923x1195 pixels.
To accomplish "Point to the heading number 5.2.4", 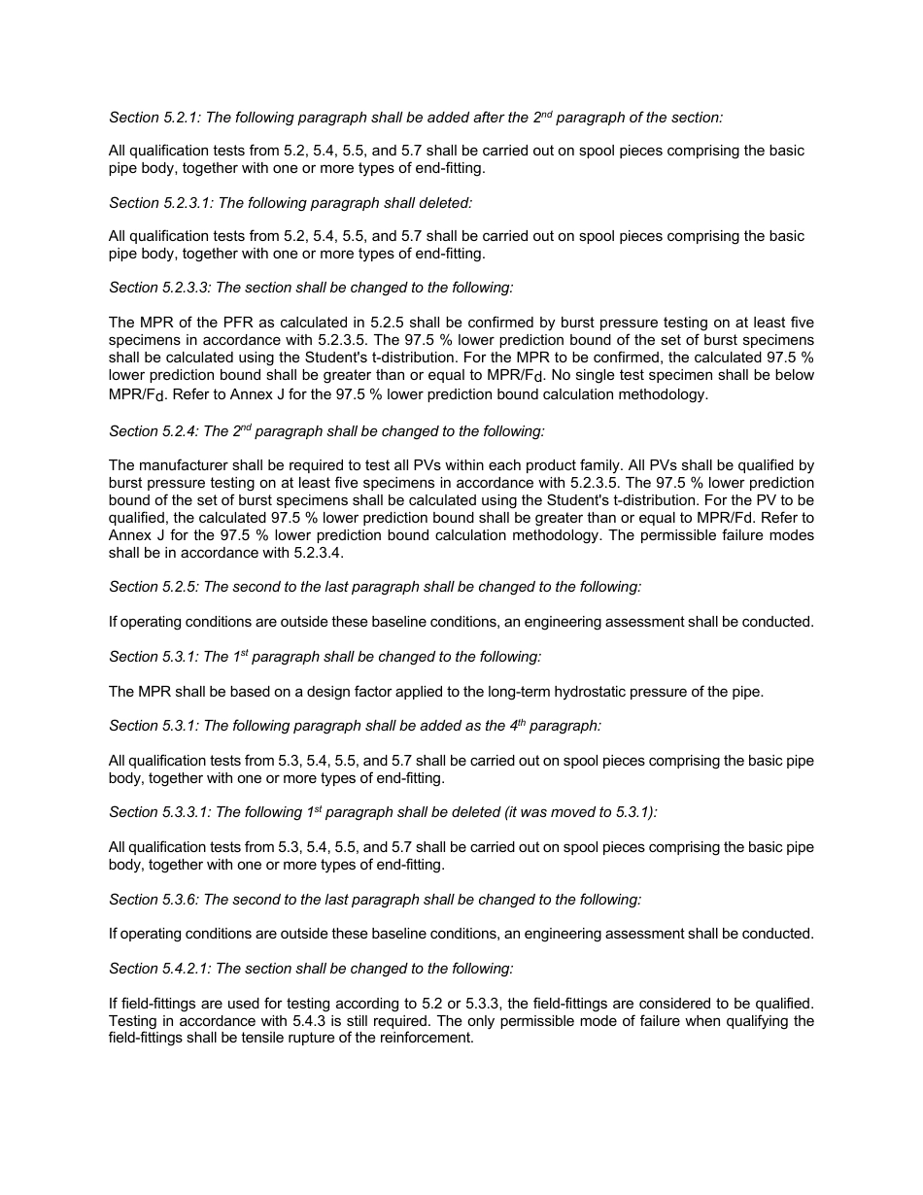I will (181, 431).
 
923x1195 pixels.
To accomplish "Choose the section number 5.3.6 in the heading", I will (181, 900).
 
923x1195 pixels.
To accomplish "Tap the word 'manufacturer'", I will (182, 466).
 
